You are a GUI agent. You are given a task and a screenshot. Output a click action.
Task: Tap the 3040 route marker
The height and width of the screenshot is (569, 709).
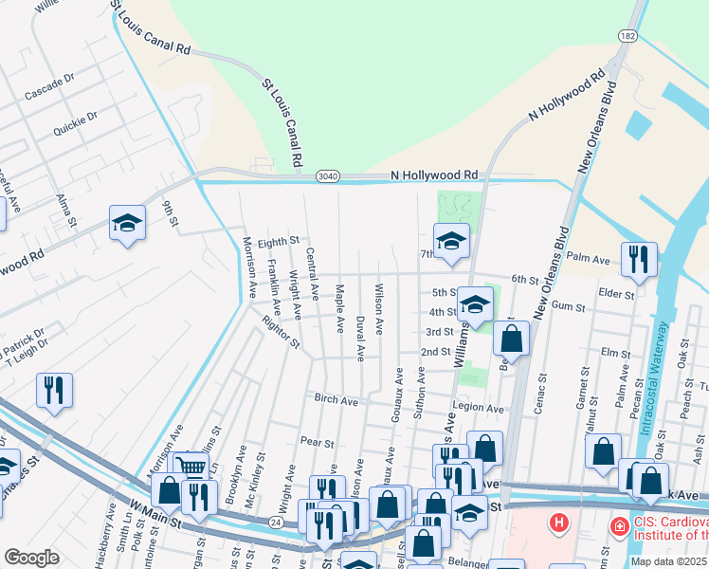tap(328, 176)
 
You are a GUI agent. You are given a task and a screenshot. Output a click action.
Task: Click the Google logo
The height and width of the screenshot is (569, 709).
tap(32, 557)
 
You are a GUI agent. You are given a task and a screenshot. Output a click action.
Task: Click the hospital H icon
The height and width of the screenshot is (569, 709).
tap(560, 523)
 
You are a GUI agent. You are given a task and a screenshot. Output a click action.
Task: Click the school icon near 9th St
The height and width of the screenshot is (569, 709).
tap(127, 223)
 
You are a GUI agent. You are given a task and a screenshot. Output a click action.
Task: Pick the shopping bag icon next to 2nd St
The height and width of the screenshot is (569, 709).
tap(511, 339)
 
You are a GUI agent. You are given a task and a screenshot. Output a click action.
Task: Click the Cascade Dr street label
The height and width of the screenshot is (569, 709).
tap(50, 88)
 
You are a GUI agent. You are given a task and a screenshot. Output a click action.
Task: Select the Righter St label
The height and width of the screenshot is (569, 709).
tap(282, 329)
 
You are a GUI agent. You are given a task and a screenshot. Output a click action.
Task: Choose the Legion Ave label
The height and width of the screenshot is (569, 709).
tap(479, 408)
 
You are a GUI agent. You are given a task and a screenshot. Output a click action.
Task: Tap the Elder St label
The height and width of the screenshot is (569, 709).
tap(616, 295)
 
